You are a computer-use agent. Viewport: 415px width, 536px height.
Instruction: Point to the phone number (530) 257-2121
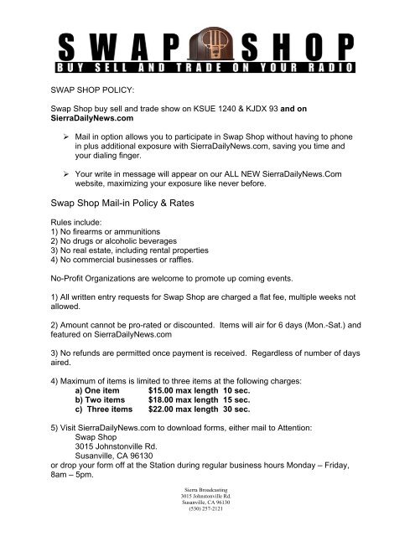pyautogui.click(x=207, y=531)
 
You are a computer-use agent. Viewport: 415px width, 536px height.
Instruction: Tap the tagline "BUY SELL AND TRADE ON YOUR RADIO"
pyautogui.click(x=208, y=65)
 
